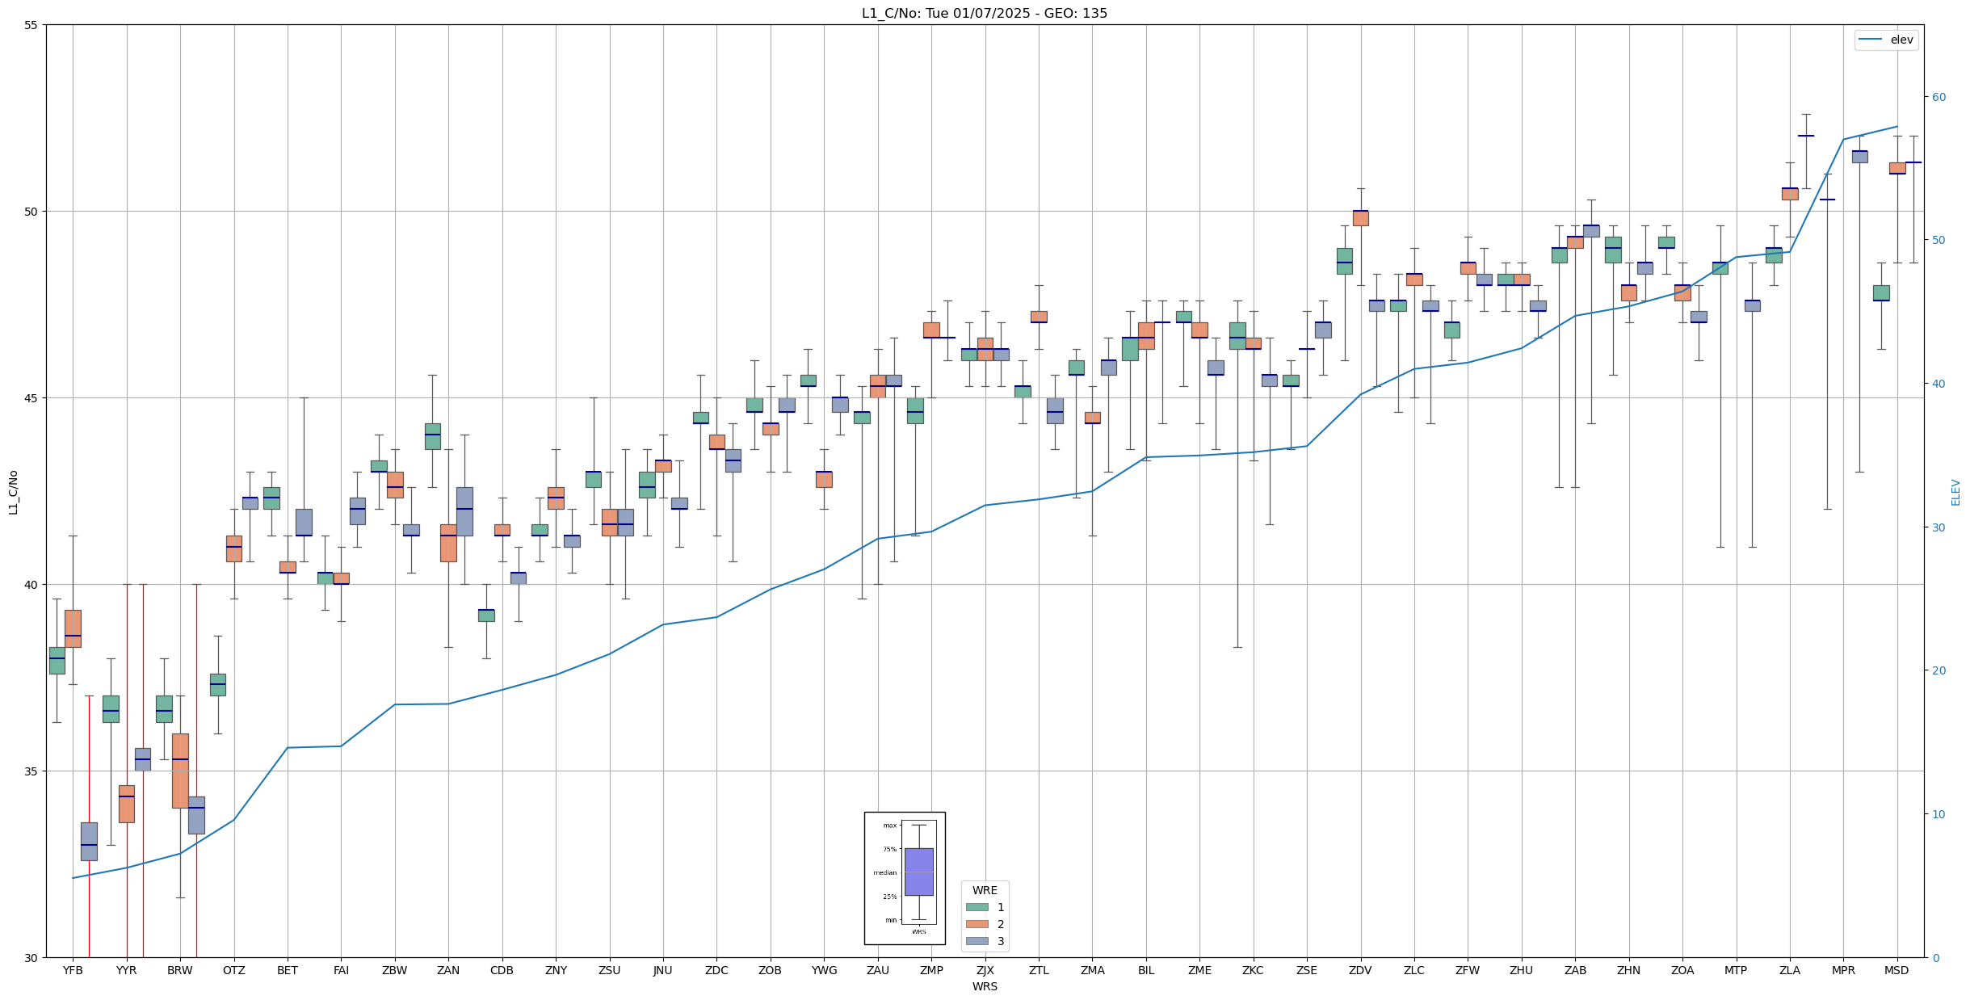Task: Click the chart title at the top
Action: point(985,13)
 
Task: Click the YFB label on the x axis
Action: point(73,970)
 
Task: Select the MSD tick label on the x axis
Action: point(1896,970)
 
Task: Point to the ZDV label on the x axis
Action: point(1360,970)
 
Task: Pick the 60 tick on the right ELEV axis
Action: point(1938,97)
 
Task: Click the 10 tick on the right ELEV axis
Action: point(1938,814)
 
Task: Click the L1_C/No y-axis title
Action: point(13,492)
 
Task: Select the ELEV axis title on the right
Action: point(1955,492)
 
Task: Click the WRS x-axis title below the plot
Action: point(985,986)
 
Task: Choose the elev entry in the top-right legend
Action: point(1901,40)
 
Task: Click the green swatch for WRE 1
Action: point(977,907)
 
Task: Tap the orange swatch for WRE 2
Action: point(977,924)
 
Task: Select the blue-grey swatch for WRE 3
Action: point(977,941)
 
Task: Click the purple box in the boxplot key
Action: point(918,872)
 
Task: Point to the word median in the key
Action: point(884,872)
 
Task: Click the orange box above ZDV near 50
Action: point(1360,218)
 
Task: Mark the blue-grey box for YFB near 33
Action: point(89,841)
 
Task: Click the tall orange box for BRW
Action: point(180,770)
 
